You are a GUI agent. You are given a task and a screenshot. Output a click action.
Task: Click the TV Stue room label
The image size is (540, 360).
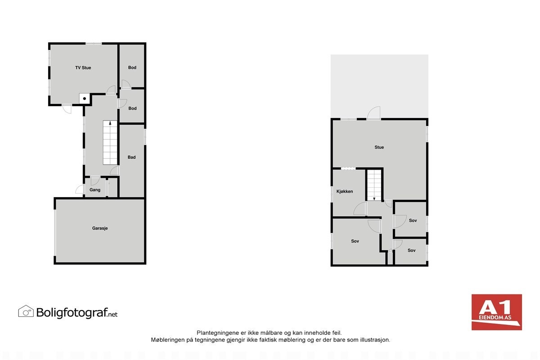point(83,68)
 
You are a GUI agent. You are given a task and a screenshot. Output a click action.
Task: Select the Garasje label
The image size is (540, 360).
point(100,228)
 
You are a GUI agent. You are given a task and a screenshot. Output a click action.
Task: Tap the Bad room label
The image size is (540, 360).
point(131,157)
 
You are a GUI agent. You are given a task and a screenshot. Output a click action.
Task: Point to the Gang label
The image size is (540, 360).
point(95,190)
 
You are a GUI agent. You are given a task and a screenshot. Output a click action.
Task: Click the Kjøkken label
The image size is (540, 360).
point(345,191)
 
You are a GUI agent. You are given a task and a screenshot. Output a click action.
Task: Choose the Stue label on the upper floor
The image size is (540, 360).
point(379,147)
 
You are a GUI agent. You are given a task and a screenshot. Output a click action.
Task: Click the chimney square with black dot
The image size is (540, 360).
point(84,99)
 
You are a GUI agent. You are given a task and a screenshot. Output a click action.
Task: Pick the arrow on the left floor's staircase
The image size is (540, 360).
point(110,123)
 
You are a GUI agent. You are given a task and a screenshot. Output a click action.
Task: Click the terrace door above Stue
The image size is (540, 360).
point(374,113)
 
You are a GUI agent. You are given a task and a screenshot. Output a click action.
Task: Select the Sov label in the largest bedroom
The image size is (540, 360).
point(355,241)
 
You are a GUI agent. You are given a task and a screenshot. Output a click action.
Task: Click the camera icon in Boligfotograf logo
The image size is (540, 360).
point(26,311)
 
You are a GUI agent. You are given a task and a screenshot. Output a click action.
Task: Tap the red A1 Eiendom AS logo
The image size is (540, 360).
point(496,312)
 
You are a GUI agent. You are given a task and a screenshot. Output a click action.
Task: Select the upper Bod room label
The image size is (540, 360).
point(132,67)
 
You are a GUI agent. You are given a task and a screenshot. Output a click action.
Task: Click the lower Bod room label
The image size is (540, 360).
point(132,108)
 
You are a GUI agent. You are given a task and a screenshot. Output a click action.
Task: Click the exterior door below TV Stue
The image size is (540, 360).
point(67,109)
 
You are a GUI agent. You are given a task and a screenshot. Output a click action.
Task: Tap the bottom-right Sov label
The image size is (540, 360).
point(411,250)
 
